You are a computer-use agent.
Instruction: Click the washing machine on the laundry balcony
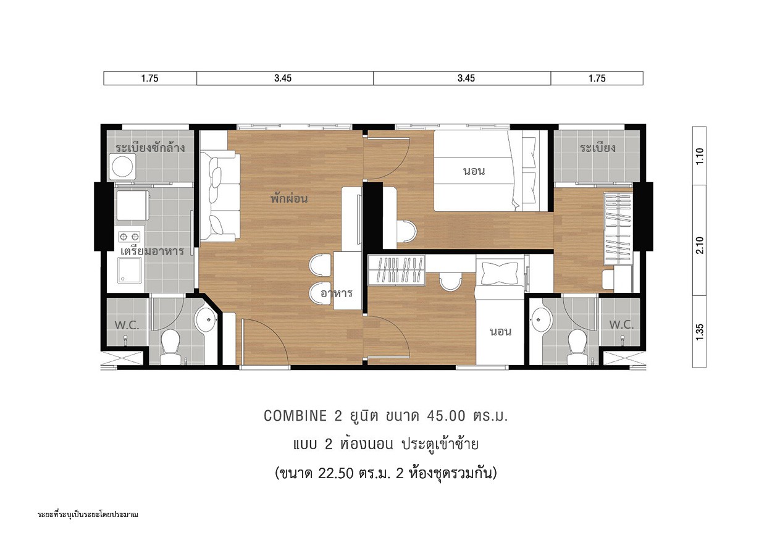(x=122, y=167)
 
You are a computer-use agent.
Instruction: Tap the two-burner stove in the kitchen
(x=129, y=237)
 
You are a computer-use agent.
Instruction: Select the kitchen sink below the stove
(x=130, y=270)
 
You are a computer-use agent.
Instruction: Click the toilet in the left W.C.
(x=170, y=347)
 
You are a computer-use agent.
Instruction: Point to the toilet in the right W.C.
(x=577, y=347)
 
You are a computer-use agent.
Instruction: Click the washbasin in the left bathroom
(x=206, y=319)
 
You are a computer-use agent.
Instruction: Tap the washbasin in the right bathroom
(x=542, y=319)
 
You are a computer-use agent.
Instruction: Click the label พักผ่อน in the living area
(x=289, y=198)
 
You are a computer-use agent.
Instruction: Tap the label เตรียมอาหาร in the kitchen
(x=152, y=251)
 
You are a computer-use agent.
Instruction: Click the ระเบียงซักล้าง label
(x=150, y=148)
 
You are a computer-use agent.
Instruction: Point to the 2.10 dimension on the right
(x=700, y=245)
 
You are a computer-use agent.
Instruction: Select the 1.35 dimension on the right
(x=700, y=332)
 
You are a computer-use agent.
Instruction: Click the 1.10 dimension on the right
(x=700, y=156)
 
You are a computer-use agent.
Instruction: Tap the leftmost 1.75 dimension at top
(x=150, y=78)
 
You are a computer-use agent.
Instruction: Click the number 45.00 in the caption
(x=447, y=416)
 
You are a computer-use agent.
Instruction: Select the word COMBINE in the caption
(x=295, y=416)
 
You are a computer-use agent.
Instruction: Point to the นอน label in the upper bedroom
(x=474, y=171)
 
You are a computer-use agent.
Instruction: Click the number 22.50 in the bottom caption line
(x=336, y=473)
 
